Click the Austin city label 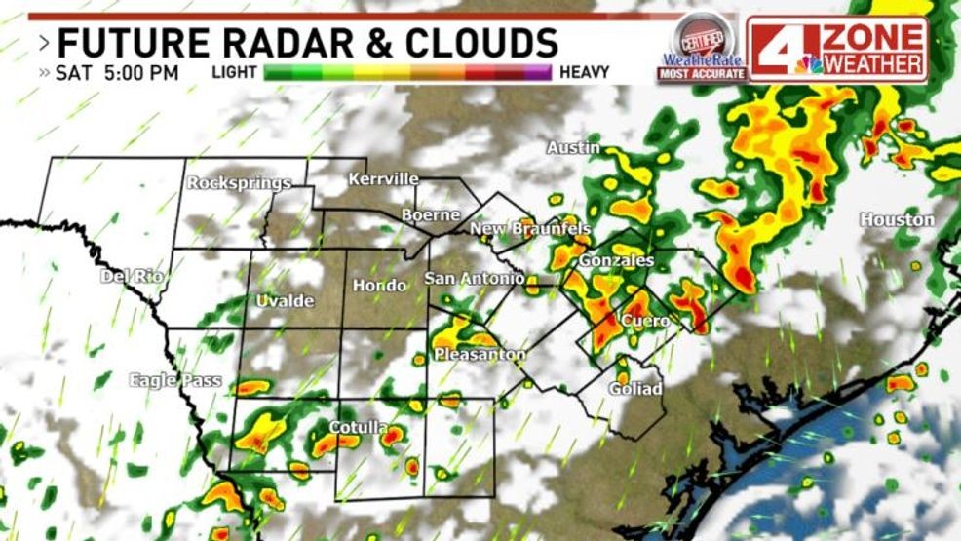tap(572, 148)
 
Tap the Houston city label tap(897, 220)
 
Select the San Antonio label tap(475, 279)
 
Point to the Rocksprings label tap(239, 183)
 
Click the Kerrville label tap(384, 179)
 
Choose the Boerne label tap(431, 214)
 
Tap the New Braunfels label tap(530, 229)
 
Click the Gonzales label tap(616, 261)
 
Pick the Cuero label tap(645, 321)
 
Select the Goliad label tap(634, 389)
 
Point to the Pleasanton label tap(480, 354)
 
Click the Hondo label tap(379, 285)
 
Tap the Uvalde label tap(285, 301)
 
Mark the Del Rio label tap(132, 276)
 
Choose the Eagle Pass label tap(175, 380)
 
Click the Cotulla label tap(358, 428)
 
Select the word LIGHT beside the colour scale tap(233, 72)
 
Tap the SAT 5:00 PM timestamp tap(117, 72)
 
